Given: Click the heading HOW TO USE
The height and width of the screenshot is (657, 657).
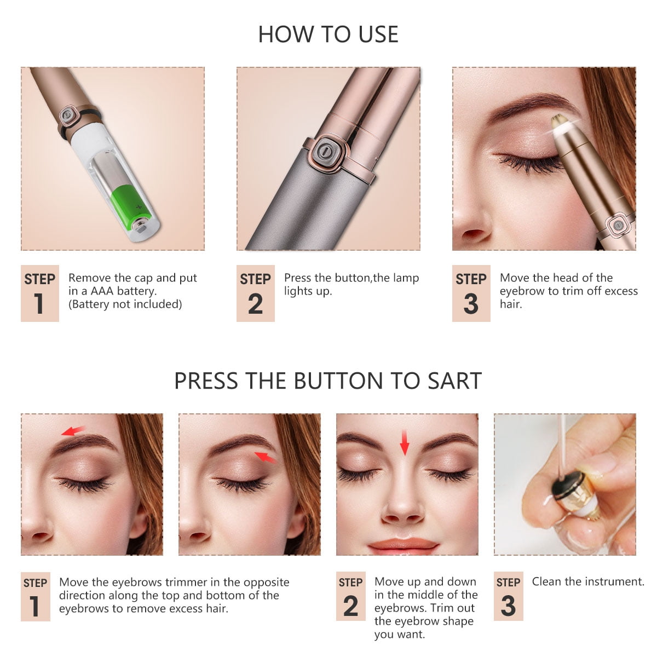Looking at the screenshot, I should (x=328, y=34).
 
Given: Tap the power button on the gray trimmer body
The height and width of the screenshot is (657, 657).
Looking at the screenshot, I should (x=324, y=150).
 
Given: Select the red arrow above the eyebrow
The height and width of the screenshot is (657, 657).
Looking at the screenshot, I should (x=73, y=431).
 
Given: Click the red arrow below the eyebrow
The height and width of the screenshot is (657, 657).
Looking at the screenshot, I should (x=266, y=457).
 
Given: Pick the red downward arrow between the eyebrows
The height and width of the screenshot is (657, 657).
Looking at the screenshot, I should (x=405, y=442).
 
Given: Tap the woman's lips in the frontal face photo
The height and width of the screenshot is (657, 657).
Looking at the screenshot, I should (x=404, y=545).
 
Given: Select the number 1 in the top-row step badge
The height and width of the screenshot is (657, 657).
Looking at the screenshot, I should (x=39, y=304).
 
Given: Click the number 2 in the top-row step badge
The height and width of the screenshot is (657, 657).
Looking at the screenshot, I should (x=255, y=304).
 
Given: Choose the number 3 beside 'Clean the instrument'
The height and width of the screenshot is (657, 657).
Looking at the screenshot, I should (x=508, y=606).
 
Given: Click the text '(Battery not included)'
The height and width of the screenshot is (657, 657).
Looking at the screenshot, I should (x=125, y=304).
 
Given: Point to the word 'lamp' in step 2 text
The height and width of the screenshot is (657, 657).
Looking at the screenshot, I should (x=406, y=278).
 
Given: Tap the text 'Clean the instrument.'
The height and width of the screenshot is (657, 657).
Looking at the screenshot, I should (x=588, y=581).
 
